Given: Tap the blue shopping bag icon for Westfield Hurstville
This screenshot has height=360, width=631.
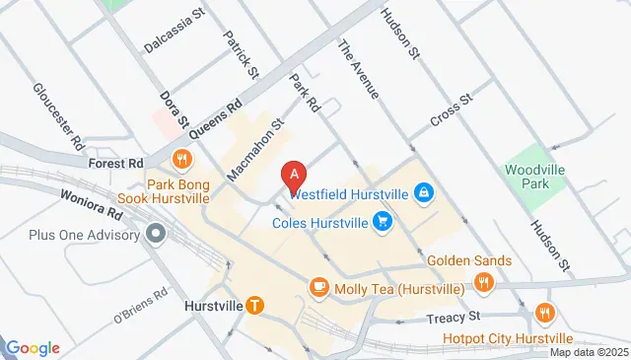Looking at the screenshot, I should (x=423, y=191).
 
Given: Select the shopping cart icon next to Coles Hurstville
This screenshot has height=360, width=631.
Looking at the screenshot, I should (x=382, y=223).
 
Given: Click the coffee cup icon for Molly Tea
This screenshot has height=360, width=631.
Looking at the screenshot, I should (x=318, y=287).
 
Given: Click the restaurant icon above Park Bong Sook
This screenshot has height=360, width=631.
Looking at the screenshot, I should (x=181, y=160).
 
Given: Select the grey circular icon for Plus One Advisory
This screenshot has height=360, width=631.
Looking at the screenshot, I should (x=155, y=234).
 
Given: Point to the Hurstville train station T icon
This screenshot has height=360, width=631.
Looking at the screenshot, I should (x=255, y=306).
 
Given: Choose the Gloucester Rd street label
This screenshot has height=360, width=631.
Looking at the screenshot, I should (x=59, y=117).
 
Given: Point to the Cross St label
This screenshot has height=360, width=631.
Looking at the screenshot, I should (x=454, y=117).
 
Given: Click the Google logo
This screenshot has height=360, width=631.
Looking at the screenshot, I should (x=33, y=347).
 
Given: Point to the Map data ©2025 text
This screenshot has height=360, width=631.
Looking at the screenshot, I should (x=588, y=352).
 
